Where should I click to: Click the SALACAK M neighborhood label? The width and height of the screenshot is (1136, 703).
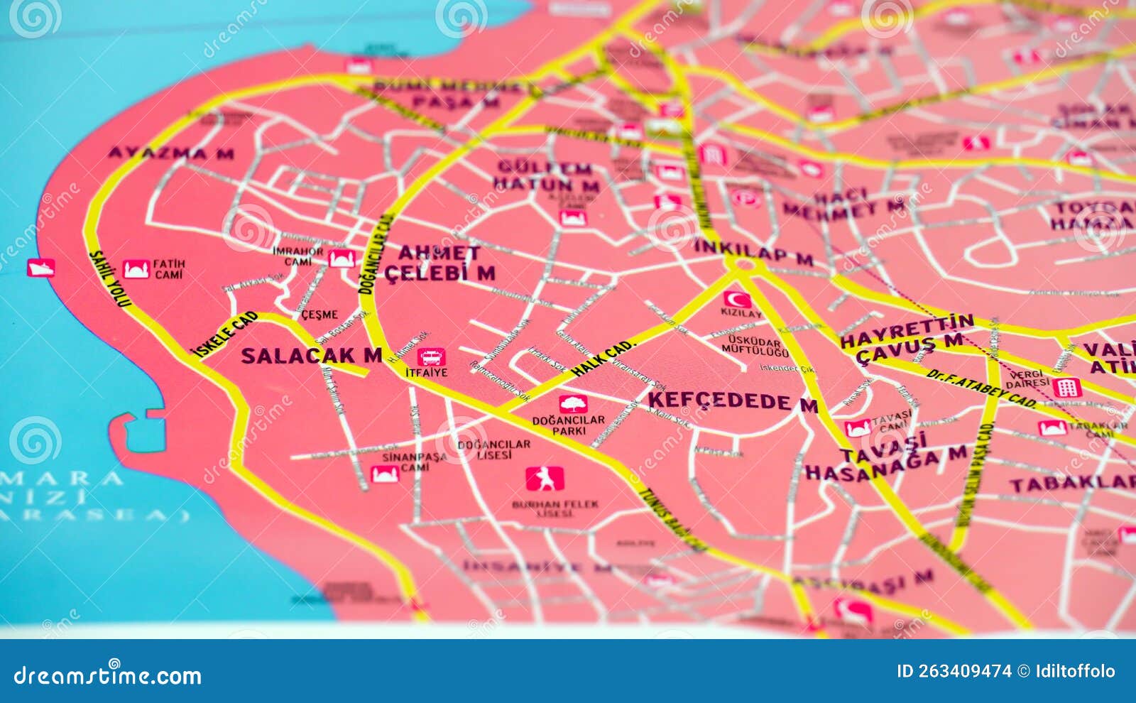pos(311,356)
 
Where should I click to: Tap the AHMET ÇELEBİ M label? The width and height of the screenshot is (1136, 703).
pos(439,263)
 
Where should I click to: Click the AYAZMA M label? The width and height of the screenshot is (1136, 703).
pos(170,153)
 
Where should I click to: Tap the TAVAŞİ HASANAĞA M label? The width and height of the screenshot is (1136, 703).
pos(885,459)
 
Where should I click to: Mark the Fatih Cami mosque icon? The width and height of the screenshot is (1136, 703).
pos(136,269)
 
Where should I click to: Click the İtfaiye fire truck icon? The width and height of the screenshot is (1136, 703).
pos(431,356)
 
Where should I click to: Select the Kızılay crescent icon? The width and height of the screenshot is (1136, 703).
pos(737,299)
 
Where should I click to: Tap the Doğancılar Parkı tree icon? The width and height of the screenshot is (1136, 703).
pos(572,404)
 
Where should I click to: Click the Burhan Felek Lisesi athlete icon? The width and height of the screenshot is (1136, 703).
pos(545,479)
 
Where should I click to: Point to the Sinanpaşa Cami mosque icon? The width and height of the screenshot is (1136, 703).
pos(384,474)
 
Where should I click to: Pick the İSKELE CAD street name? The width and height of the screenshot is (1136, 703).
pos(225,334)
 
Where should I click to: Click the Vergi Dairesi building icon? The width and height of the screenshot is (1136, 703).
pos(1066,388)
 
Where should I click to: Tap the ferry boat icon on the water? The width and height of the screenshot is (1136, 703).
pos(40,268)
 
